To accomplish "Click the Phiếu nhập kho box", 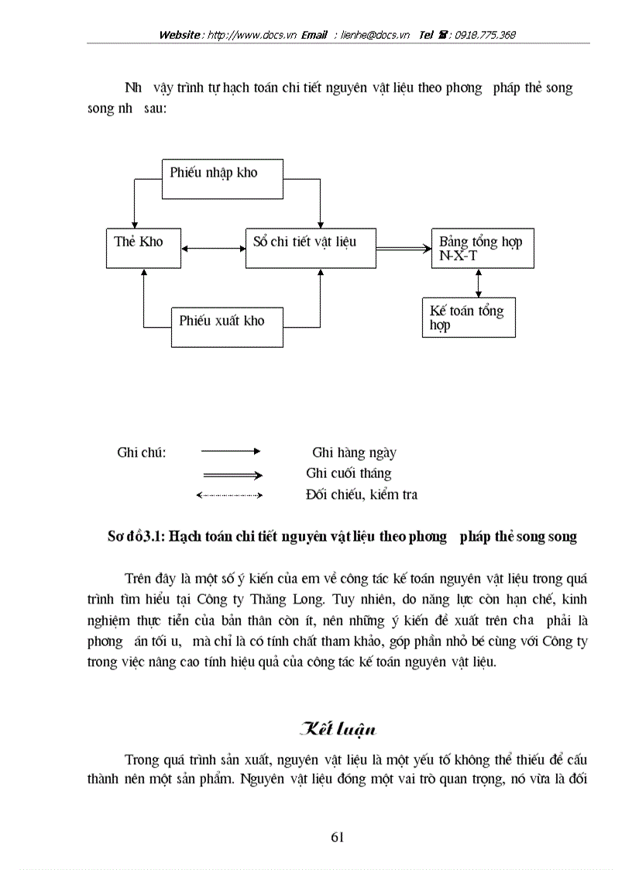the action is [x=222, y=179].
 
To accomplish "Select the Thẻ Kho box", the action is [x=143, y=248].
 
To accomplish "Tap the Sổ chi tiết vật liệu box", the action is [x=310, y=248].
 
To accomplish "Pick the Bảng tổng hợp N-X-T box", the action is [x=482, y=248].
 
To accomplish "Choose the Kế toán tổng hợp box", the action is [x=468, y=318].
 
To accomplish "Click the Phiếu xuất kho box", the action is [x=226, y=327].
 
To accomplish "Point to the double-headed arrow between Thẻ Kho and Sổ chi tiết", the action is [x=214, y=249].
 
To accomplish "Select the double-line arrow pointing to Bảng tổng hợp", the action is [x=404, y=249].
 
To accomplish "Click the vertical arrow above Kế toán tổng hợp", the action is [x=479, y=283].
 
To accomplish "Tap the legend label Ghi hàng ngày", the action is [x=353, y=453].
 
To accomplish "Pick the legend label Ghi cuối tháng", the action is [x=349, y=473].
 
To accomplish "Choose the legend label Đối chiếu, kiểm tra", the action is [x=361, y=494].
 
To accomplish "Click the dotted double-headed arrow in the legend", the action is [x=230, y=494].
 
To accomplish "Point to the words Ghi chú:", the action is [x=142, y=452].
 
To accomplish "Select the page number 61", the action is [x=337, y=836].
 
